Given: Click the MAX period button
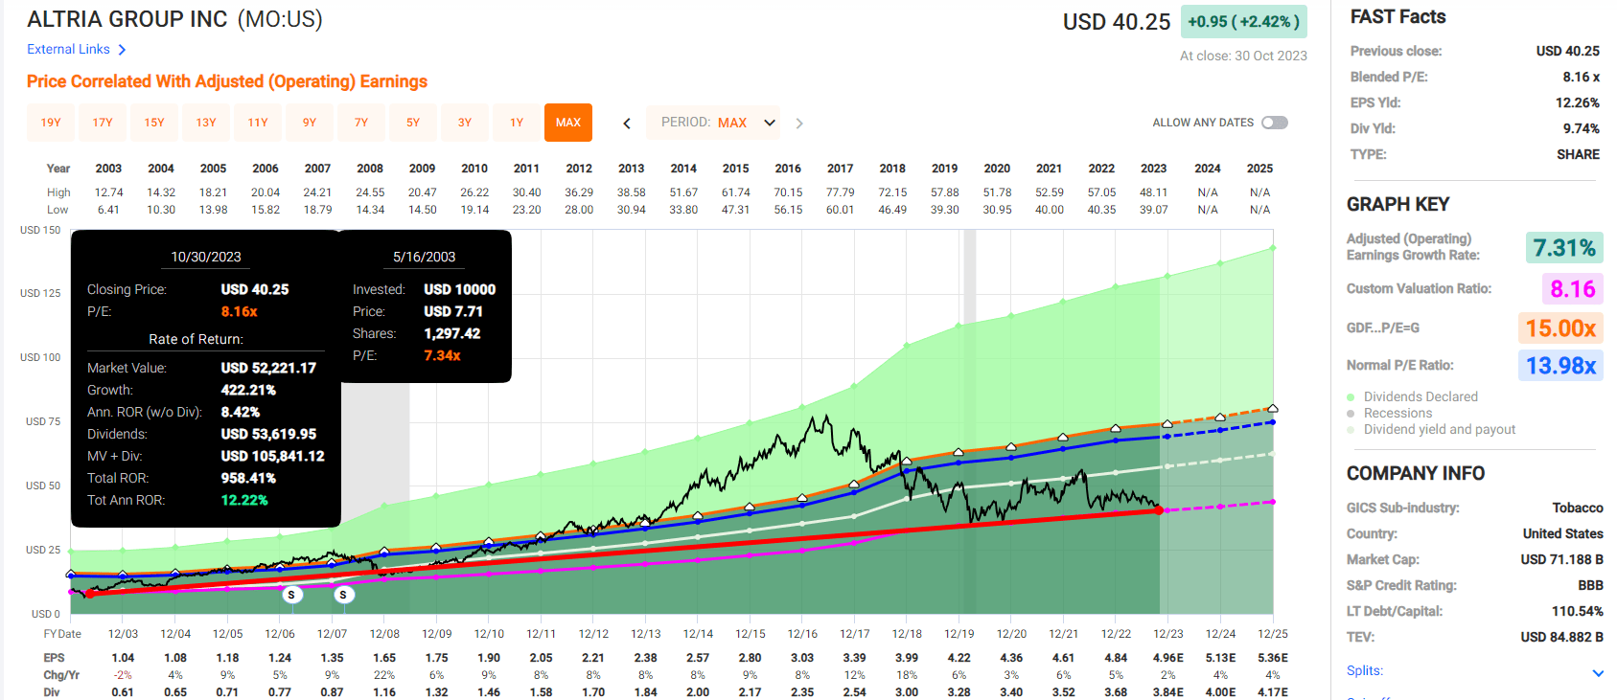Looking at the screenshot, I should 567,123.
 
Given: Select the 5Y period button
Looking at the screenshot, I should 413,123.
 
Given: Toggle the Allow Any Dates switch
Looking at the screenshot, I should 1274,123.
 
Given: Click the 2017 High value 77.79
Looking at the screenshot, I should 840,192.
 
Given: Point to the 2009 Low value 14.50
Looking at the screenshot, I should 422,210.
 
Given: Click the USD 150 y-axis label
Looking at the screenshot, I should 40,230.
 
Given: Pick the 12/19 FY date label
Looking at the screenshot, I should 959,634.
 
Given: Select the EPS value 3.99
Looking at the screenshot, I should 906,658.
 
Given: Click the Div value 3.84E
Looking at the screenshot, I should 1167,692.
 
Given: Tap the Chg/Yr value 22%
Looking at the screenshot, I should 384,675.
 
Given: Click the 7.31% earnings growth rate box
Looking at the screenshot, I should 1563,248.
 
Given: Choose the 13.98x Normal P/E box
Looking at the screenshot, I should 1560,366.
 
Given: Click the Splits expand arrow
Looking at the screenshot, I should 1598,672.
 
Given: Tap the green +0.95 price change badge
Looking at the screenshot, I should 1243,21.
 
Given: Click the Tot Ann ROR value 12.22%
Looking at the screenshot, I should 244,500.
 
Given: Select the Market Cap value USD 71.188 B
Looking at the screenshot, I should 1561,559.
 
